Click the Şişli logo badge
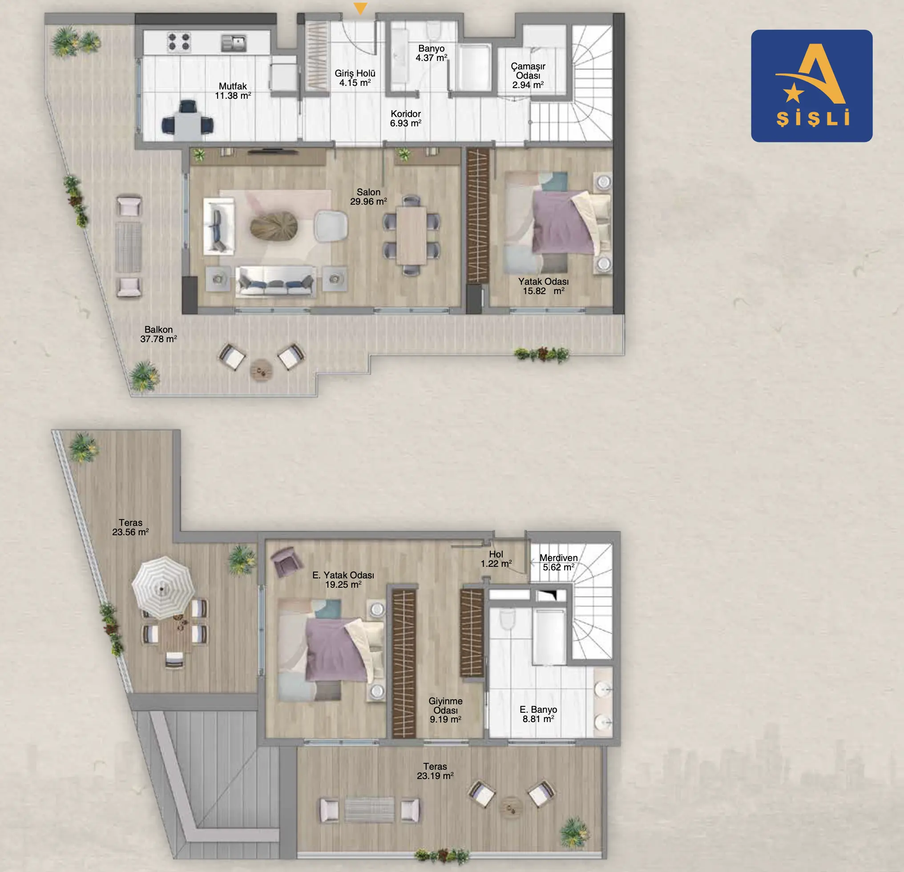811,86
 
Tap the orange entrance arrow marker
360,8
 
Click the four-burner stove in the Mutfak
178,41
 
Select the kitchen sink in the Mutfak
234,43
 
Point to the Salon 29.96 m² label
368,197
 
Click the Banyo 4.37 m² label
431,53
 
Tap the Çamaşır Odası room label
528,76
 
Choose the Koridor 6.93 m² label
405,118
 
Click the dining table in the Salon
411,235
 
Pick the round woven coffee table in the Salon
274,226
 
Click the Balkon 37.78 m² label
159,334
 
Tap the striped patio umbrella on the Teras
163,587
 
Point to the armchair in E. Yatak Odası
287,561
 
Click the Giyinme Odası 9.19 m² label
445,710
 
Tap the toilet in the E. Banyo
507,619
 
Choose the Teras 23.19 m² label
435,771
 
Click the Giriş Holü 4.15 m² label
355,78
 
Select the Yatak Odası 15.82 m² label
543,287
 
